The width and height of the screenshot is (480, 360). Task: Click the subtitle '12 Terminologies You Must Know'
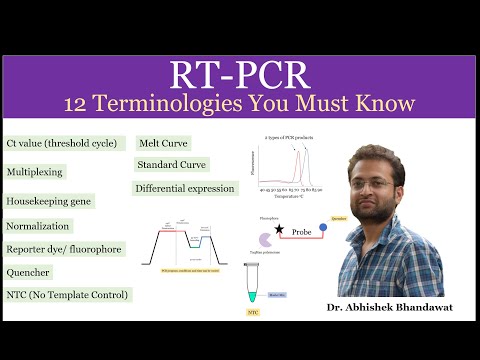pos(239,103)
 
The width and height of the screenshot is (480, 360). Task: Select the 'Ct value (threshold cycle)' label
pos(65,143)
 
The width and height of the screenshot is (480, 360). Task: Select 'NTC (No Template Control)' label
pos(67,295)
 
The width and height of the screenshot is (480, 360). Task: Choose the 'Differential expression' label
pos(185,188)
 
